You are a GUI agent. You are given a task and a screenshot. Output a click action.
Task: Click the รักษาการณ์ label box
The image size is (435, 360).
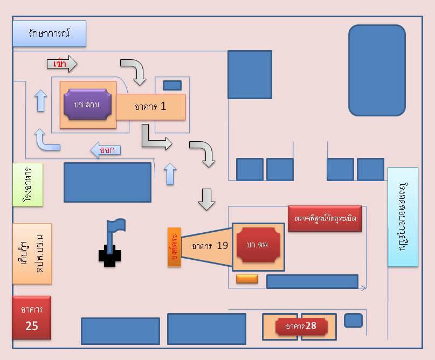[49, 34]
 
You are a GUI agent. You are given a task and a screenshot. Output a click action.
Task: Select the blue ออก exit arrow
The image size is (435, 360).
[105, 150]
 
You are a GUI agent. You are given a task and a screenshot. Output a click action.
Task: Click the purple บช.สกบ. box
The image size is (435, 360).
[87, 104]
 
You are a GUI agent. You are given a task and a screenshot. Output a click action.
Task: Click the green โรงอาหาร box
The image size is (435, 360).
[27, 184]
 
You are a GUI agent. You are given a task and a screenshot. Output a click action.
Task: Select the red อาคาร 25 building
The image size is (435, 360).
[32, 317]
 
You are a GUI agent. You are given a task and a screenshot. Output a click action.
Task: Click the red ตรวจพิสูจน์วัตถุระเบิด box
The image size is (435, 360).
[324, 219]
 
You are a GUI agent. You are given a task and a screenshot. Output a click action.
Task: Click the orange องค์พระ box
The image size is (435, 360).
[175, 247]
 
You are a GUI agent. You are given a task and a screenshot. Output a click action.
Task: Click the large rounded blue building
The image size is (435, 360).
[377, 70]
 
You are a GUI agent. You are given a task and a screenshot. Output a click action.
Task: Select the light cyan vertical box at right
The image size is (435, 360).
[403, 217]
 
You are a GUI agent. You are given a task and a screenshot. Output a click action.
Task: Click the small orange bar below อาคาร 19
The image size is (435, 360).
[247, 279]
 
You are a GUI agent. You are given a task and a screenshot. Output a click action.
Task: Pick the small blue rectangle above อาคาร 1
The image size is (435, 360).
[172, 85]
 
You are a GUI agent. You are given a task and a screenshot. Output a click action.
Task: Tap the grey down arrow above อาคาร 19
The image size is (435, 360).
[206, 198]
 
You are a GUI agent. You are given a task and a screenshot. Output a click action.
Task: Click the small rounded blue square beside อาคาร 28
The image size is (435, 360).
[353, 320]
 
